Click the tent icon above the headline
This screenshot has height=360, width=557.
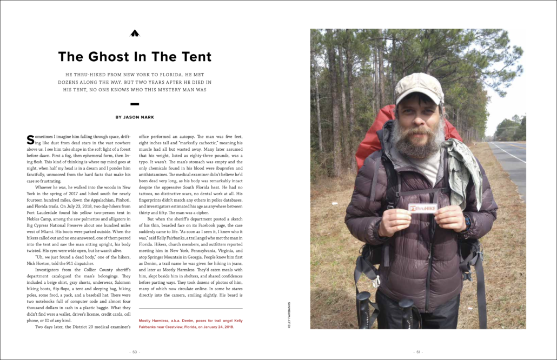click(135, 34)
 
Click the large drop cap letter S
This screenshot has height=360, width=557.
click(30, 139)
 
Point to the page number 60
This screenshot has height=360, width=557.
click(135, 351)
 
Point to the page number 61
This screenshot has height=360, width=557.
click(417, 351)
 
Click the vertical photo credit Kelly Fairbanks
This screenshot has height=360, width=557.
click(289, 316)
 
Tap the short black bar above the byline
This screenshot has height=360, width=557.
click(135, 103)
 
